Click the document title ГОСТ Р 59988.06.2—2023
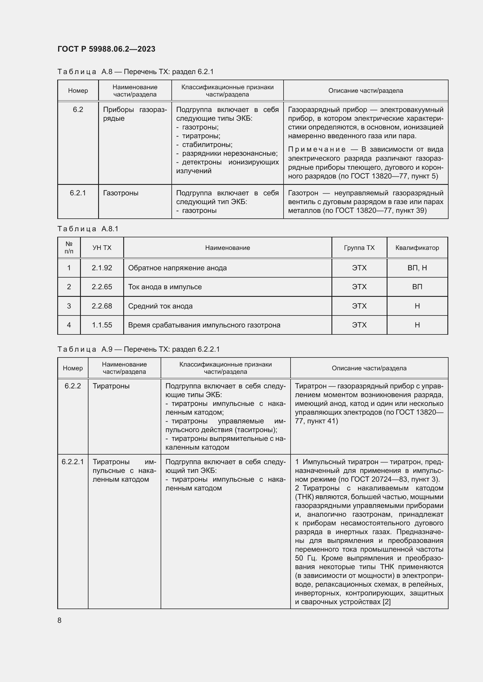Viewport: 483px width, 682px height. point(106,49)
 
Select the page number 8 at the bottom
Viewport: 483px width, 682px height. point(60,620)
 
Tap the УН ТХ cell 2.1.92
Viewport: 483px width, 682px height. point(102,268)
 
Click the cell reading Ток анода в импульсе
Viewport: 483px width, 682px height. point(165,287)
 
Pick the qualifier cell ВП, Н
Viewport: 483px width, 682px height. point(417,268)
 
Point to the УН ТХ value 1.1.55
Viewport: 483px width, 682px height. point(102,325)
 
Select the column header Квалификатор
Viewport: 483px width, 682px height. point(417,248)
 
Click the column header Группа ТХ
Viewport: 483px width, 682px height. point(359,248)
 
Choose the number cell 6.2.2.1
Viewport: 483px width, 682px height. point(73,462)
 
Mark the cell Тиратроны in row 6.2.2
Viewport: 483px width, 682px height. point(111,386)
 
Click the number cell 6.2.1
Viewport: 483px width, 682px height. point(78,193)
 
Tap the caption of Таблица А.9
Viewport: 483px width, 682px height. point(138,349)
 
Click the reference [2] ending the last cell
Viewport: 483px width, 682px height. point(386,602)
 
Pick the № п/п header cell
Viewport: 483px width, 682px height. point(69,248)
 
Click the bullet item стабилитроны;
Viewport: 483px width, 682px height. point(207,145)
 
